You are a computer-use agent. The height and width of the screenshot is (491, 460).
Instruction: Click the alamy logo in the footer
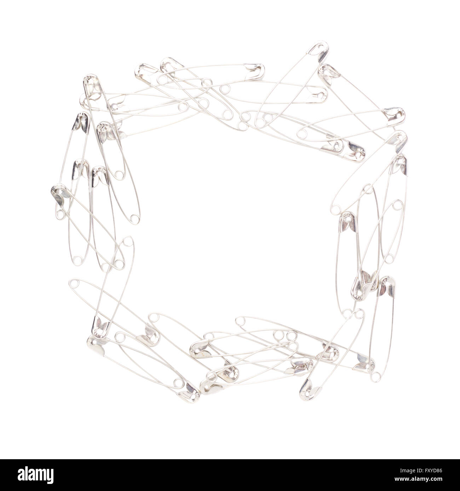click(x=35, y=475)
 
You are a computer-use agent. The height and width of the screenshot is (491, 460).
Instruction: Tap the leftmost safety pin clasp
click(x=58, y=194)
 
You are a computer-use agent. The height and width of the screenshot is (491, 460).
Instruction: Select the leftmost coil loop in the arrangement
click(x=60, y=215)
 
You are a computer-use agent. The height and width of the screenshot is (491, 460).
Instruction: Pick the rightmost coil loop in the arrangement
click(x=398, y=205)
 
